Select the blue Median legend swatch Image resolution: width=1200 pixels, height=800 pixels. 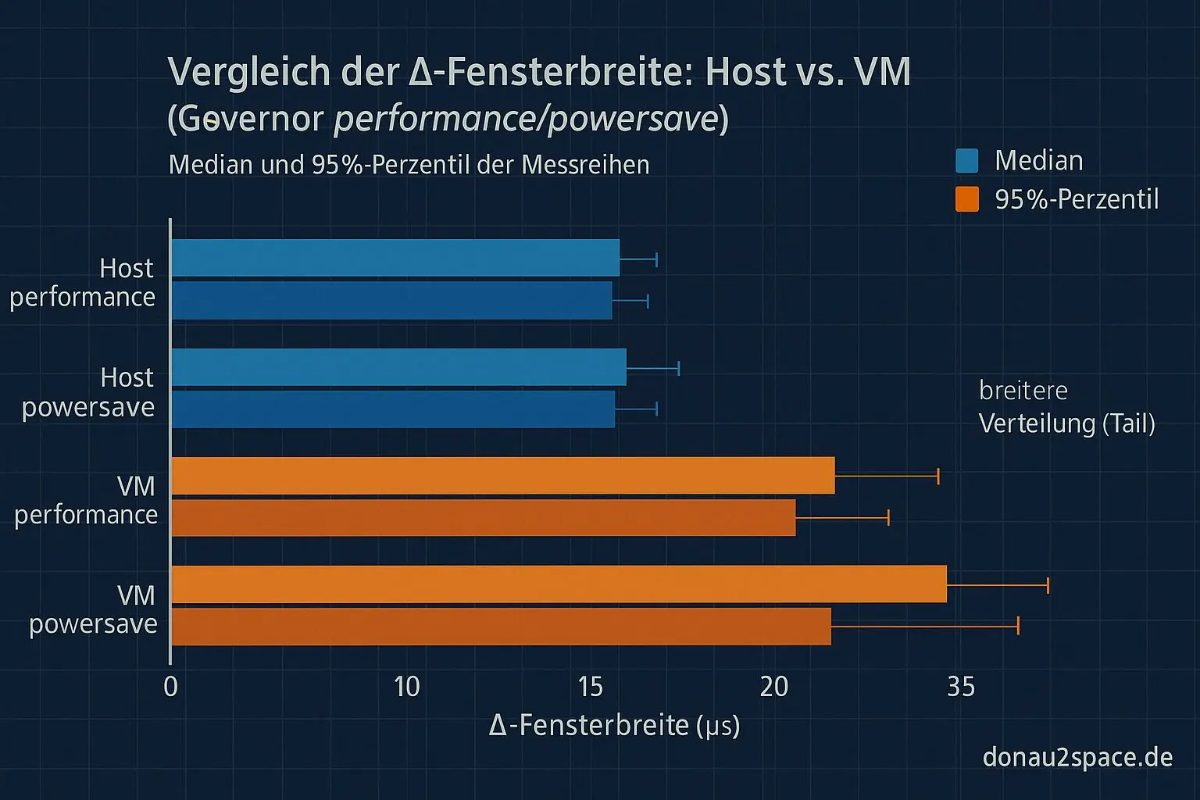coord(966,161)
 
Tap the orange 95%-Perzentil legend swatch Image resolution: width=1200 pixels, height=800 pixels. coord(966,199)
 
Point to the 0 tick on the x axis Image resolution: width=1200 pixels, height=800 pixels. coord(170,687)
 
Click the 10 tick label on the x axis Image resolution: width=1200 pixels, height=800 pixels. coord(406,687)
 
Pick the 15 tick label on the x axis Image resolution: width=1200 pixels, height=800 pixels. coord(591,687)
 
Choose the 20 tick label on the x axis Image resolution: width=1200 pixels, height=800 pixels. coord(773,687)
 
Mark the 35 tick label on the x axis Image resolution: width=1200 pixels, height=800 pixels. coord(961,687)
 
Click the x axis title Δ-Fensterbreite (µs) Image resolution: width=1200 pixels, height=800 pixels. coord(614,726)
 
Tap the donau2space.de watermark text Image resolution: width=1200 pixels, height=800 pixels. coord(1077,757)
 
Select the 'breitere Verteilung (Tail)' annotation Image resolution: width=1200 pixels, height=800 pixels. coord(1066,407)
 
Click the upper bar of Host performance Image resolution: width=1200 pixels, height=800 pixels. coord(395,258)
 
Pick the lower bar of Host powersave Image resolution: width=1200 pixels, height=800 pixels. coord(393,409)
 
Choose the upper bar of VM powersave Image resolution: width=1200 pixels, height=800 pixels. coord(559,584)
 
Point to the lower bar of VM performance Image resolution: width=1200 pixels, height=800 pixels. coord(483,518)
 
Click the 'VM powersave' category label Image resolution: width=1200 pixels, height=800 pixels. coord(94,610)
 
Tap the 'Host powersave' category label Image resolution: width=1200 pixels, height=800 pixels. coord(89,392)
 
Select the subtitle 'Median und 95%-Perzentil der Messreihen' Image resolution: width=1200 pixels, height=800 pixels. coord(409,165)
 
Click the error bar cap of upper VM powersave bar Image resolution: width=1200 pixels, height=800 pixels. coord(1048,585)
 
